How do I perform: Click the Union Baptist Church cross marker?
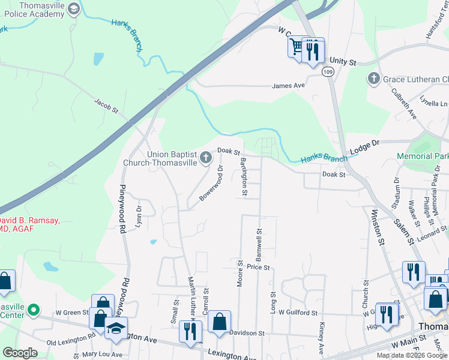(x=206, y=158)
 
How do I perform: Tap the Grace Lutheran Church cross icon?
(x=373, y=79)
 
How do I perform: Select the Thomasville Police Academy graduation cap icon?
(x=74, y=9)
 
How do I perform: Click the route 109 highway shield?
(x=327, y=72)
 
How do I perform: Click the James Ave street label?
(x=289, y=86)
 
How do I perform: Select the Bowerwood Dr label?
(x=212, y=185)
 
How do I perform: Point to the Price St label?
(x=258, y=267)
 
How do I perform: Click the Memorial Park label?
(x=423, y=156)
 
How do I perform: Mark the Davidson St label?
(x=247, y=333)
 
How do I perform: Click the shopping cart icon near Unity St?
(x=296, y=46)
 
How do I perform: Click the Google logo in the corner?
(x=20, y=353)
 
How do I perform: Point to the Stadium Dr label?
(x=396, y=196)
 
